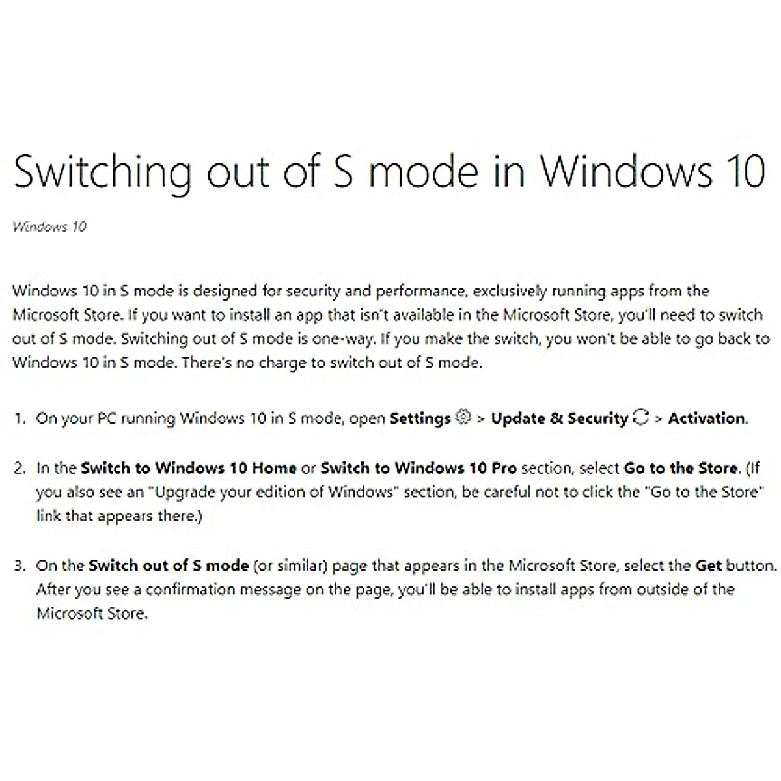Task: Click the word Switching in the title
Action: point(102,172)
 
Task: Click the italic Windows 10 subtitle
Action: point(49,226)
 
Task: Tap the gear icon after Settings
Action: point(463,417)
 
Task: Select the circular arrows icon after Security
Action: point(641,417)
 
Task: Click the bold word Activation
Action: point(706,418)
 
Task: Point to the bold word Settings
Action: point(420,418)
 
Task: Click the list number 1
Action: point(20,418)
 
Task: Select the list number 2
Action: point(20,468)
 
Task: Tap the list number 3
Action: point(20,566)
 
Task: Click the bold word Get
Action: point(709,566)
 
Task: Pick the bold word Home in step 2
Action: point(275,468)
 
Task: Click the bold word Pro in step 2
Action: point(504,468)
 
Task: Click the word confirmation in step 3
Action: point(191,589)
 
